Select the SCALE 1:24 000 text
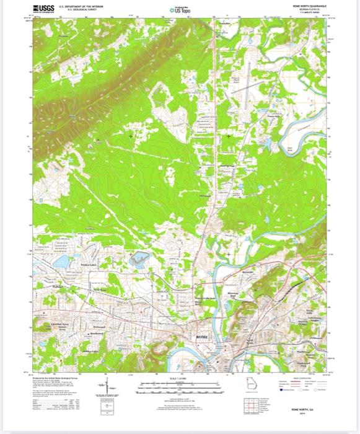coord(178,378)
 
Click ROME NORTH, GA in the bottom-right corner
coord(306,410)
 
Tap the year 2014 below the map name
coord(306,414)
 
